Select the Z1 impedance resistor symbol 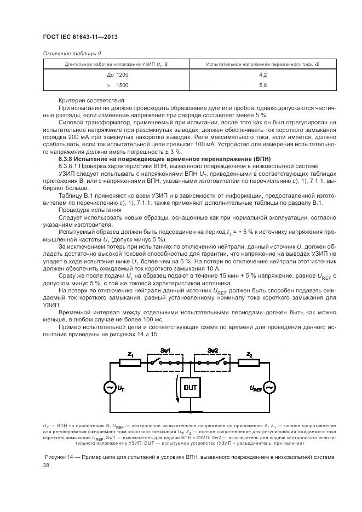(130, 363)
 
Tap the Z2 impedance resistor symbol (249, 363)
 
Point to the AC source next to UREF (269, 388)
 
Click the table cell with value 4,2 (263, 74)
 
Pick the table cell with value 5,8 (263, 85)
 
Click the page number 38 (46, 465)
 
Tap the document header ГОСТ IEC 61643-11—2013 (80, 37)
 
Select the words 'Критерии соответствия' (90, 101)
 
